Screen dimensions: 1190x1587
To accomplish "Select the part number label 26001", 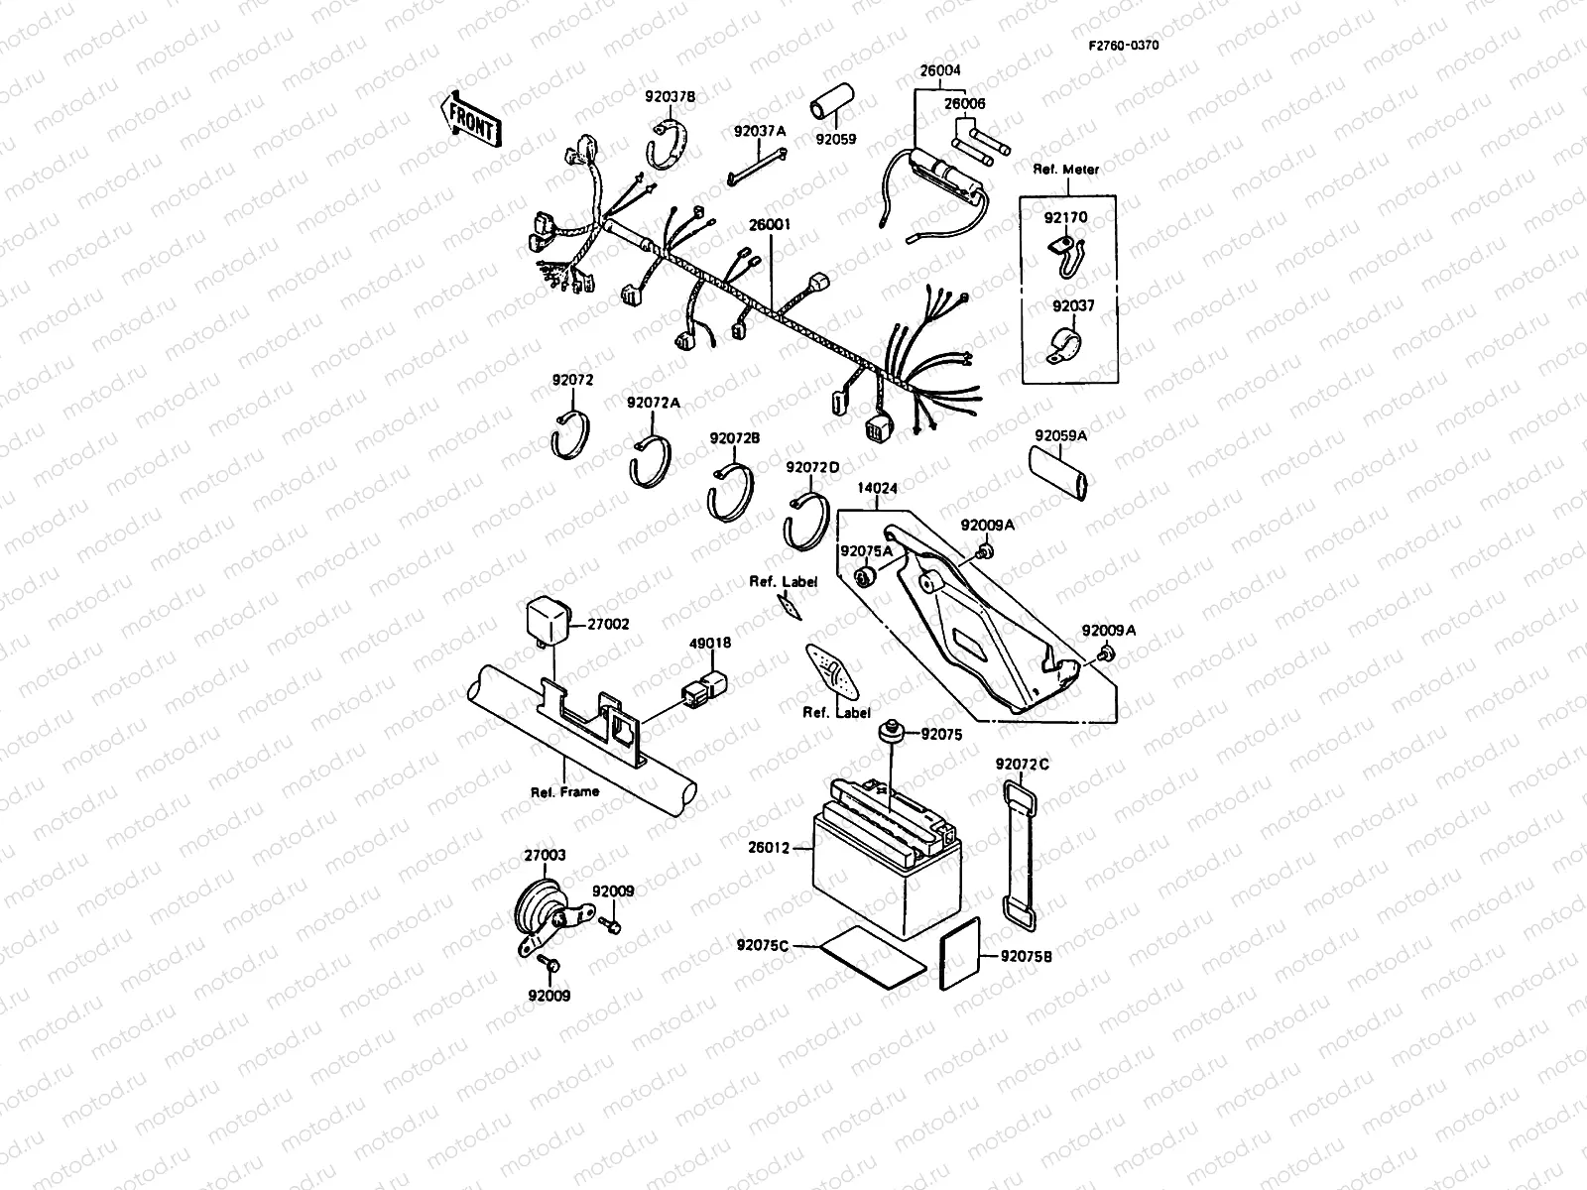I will [770, 225].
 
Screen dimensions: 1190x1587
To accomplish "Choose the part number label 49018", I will [710, 644].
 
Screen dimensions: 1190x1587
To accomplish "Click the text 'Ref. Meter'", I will [1066, 170].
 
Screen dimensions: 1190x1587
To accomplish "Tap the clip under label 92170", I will [1064, 253].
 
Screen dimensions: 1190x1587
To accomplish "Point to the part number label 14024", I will [878, 489].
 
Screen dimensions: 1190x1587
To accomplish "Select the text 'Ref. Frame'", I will [565, 791].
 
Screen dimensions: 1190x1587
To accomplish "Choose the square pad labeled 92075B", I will [960, 953].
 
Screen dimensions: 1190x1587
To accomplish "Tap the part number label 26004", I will [939, 71].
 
